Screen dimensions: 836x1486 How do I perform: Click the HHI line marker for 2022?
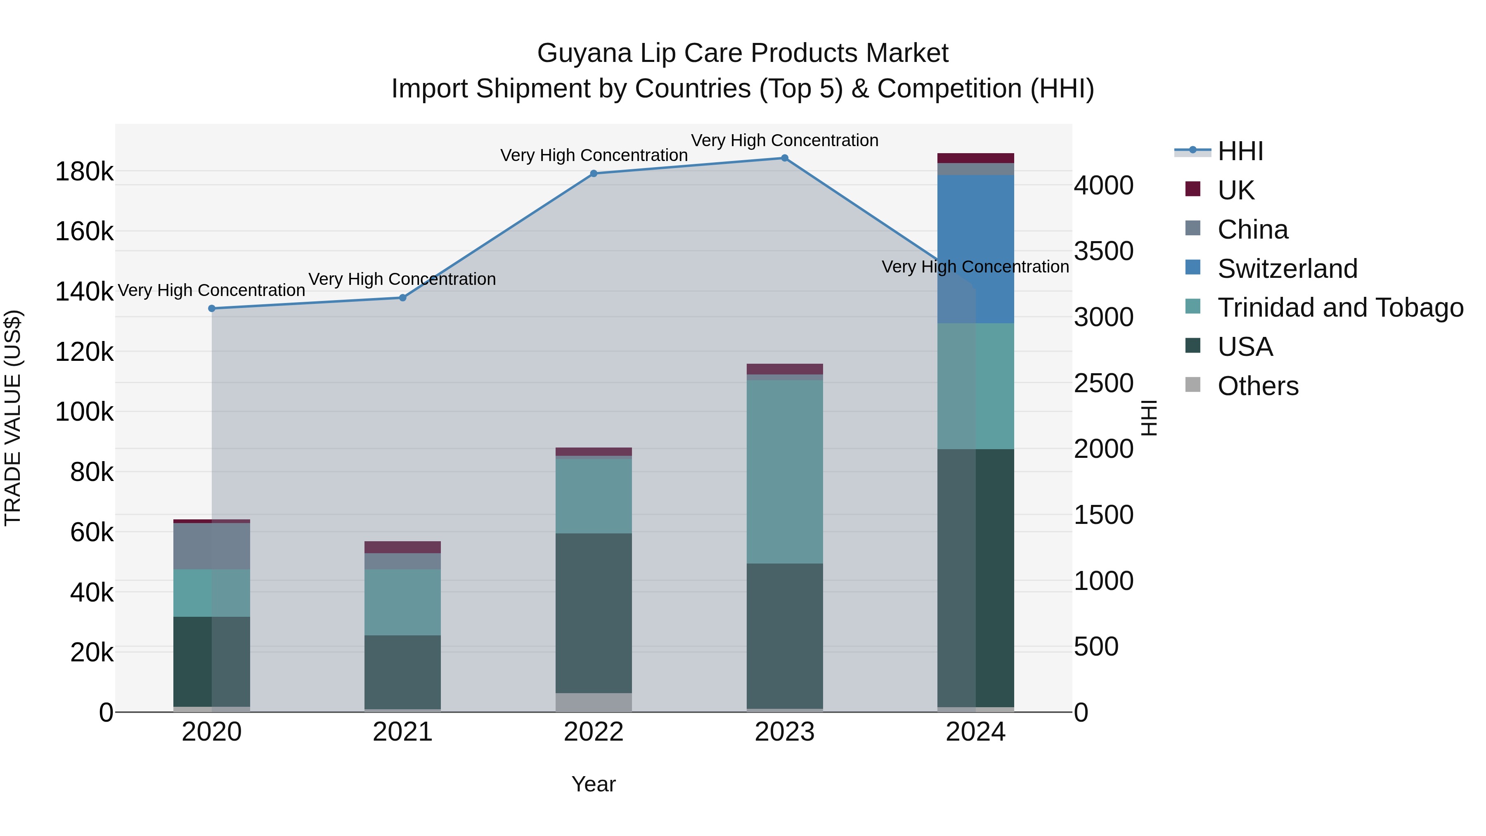pos(594,174)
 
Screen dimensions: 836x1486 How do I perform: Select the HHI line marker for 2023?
pos(785,158)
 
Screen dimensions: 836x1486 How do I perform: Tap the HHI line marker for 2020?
pos(212,309)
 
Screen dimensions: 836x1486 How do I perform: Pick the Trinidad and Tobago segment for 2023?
pos(785,471)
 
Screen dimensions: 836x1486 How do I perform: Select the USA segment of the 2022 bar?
pos(594,613)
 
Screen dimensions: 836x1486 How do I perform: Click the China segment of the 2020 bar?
pos(212,546)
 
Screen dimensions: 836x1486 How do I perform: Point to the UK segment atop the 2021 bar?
pos(402,547)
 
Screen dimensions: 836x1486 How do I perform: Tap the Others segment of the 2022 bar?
pos(594,702)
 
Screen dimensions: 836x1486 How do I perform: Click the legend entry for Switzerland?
pos(1287,268)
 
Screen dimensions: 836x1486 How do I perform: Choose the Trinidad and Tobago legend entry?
pos(1339,308)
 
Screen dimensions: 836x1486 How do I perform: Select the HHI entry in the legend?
pos(1240,151)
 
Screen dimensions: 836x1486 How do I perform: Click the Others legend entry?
pos(1258,386)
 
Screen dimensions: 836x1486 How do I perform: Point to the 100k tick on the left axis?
pos(84,412)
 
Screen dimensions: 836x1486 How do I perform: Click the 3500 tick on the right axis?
pos(1103,251)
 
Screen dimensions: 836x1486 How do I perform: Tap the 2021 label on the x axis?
pos(402,732)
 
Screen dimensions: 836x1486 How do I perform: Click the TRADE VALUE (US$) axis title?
pos(13,418)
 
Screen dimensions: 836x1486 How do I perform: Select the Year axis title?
pos(594,784)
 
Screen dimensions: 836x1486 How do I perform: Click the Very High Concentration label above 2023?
pos(785,140)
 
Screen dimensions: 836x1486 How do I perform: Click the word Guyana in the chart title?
pos(584,53)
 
